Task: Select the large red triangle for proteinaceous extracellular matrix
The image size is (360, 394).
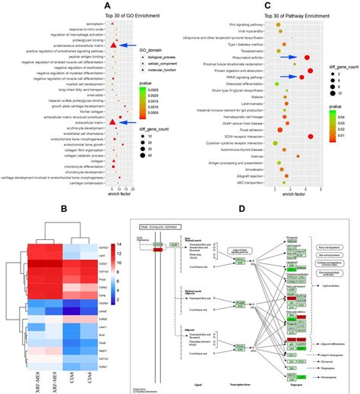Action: (112, 46)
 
